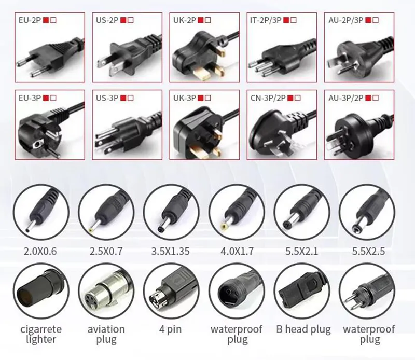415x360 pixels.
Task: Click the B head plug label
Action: pos(302,329)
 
